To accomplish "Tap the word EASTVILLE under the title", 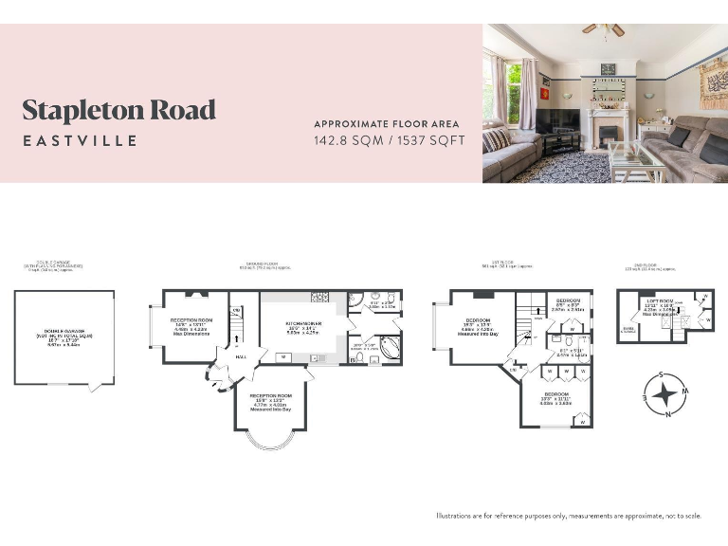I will (x=81, y=141).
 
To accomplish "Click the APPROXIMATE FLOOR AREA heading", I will (x=386, y=124).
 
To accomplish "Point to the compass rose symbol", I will (x=666, y=394).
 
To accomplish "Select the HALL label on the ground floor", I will (x=241, y=356).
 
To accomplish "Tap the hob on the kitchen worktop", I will (x=319, y=297).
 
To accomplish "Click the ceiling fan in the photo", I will (x=603, y=30).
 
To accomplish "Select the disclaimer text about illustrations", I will (x=569, y=516).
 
